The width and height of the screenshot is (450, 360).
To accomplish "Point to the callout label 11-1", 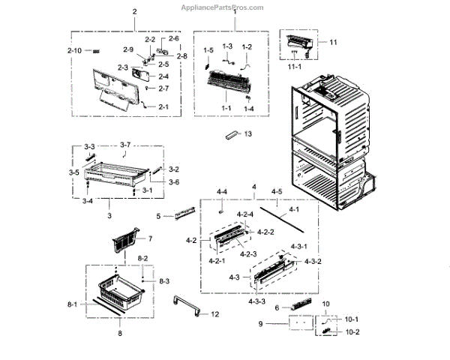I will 293,67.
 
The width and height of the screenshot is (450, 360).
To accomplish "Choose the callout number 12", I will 215,313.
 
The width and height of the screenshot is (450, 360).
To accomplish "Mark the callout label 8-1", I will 72,304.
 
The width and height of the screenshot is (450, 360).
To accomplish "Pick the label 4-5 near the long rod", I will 277,191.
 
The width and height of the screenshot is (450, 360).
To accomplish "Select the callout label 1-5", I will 208,49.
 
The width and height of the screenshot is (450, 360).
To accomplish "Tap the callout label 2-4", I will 163,76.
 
